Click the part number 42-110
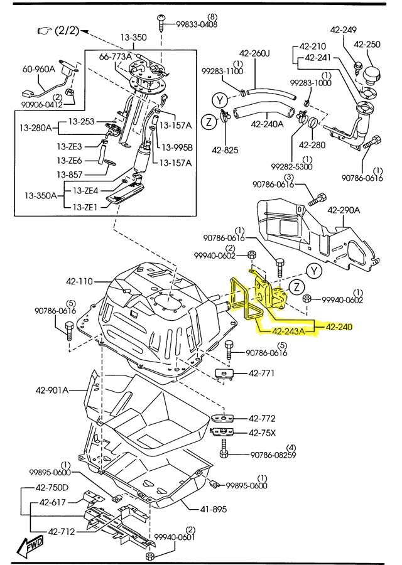(77, 282)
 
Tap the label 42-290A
(344, 210)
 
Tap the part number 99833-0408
(197, 24)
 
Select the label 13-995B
(178, 148)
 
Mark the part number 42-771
(261, 373)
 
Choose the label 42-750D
(52, 488)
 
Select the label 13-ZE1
(85, 207)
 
